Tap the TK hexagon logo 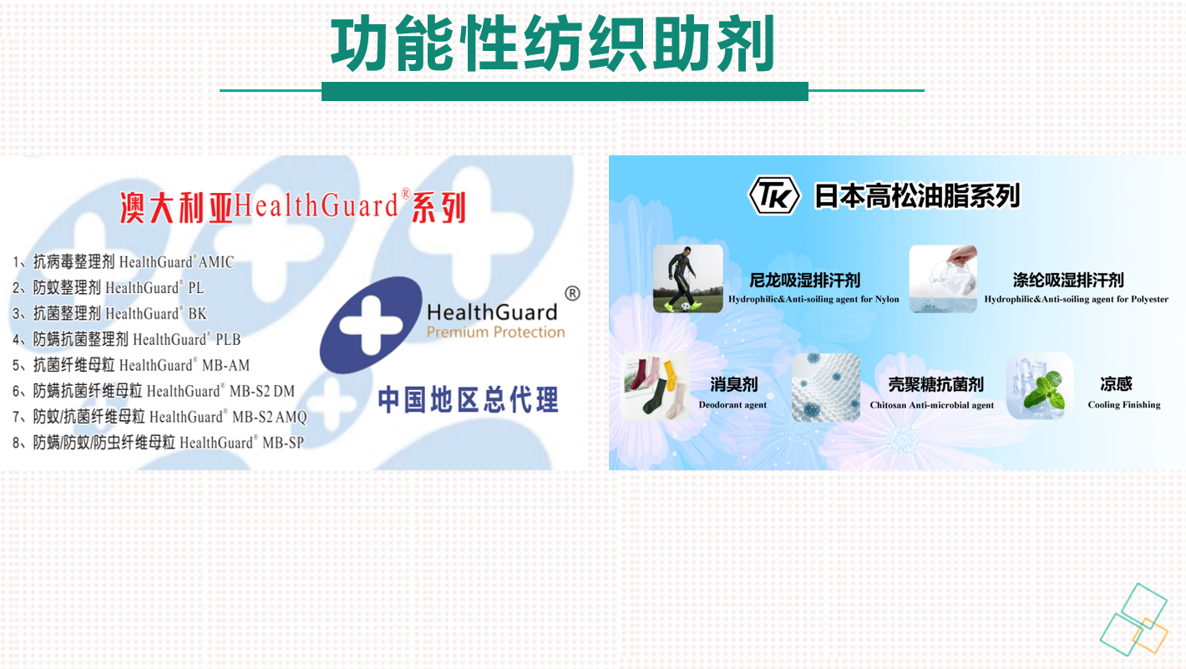coord(774,195)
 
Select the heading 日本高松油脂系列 coord(917,195)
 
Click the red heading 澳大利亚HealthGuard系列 coord(293,206)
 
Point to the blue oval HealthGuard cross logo coord(371,324)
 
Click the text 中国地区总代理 coord(468,399)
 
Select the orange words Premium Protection coord(495,332)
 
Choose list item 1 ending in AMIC coord(124,261)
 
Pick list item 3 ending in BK coord(109,313)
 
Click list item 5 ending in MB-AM coord(131,365)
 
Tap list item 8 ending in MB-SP coord(159,442)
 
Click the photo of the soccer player coord(687,278)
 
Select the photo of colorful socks coord(656,387)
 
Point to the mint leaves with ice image coord(1039,387)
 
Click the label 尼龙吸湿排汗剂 coord(804,280)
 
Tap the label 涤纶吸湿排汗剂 coord(1068,280)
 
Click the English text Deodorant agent coord(732,405)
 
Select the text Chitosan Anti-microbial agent coord(932,405)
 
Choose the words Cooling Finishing coord(1124,405)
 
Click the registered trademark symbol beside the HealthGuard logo coord(572,293)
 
